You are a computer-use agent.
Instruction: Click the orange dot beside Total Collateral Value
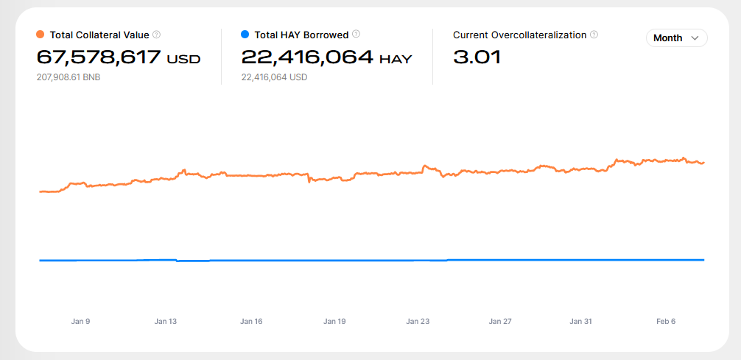41,35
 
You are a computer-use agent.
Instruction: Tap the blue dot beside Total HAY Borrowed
245,35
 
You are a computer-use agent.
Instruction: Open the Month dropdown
676,38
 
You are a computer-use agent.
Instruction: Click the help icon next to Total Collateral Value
157,35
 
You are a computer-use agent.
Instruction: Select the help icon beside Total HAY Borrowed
357,34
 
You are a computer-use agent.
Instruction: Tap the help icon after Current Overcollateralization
594,35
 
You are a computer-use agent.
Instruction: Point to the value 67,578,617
98,57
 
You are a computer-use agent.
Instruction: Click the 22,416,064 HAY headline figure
326,57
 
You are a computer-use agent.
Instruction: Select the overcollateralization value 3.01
477,57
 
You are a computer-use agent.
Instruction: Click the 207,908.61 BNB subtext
69,77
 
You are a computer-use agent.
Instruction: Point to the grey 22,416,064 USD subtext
274,77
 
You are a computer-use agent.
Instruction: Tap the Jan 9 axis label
80,322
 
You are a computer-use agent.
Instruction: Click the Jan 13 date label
166,322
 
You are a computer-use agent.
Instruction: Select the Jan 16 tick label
251,322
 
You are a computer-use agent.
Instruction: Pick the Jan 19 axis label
334,322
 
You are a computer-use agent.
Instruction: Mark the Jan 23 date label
418,322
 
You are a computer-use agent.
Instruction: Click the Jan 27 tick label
500,322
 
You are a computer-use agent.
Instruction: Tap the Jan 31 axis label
581,322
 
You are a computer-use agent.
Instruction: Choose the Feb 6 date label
666,322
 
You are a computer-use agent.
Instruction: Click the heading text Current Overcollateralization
520,35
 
